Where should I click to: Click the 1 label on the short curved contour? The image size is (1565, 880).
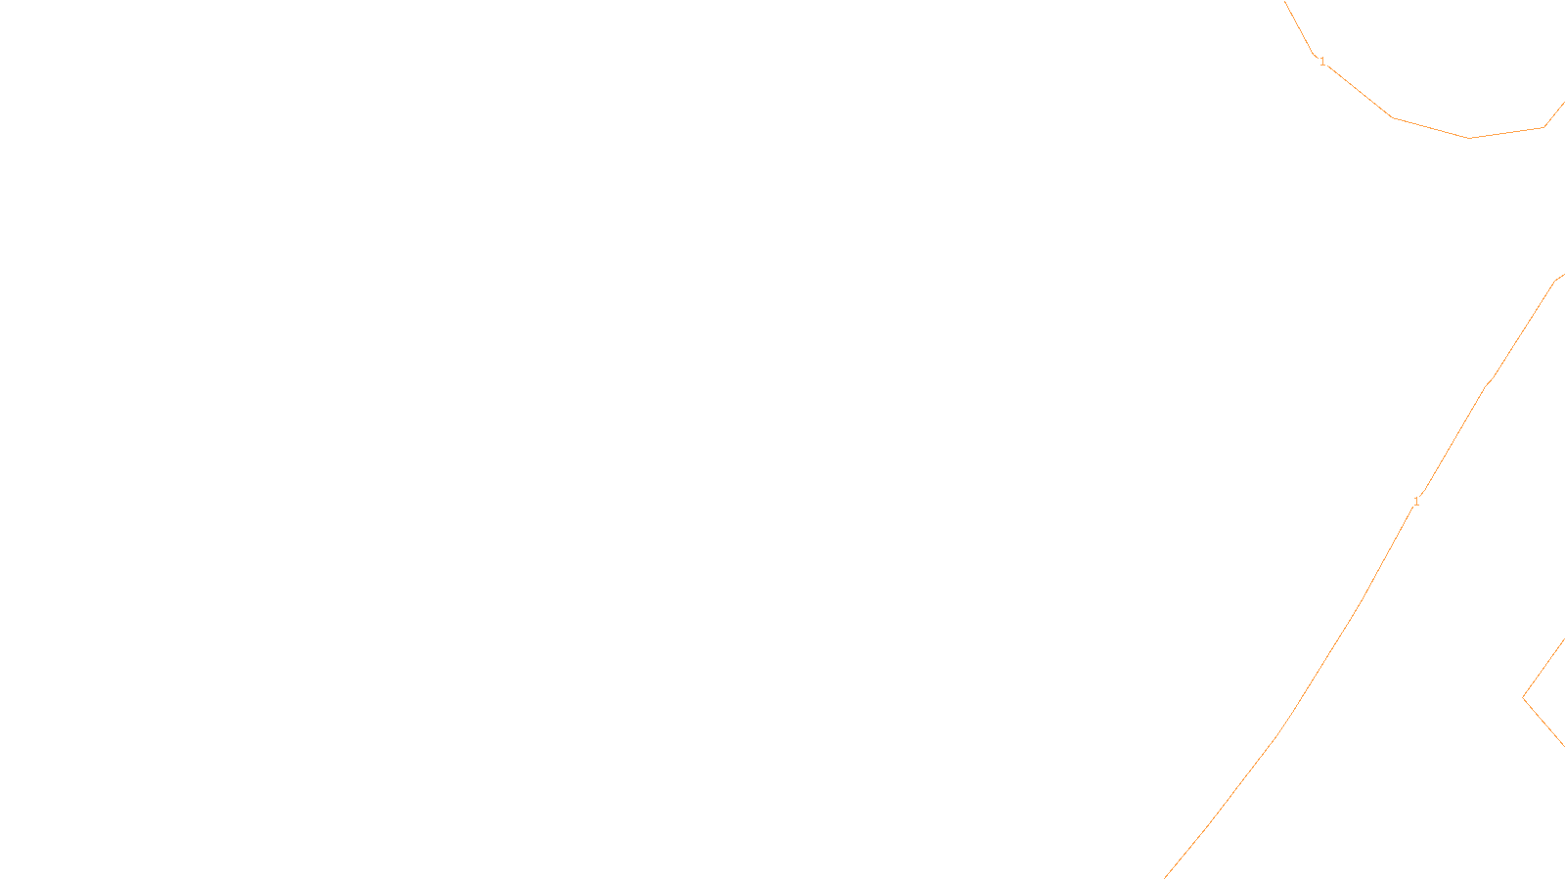[x=1322, y=62]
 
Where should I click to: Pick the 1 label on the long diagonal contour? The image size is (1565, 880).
[x=1416, y=502]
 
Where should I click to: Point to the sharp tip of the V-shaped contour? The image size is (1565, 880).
[x=1523, y=697]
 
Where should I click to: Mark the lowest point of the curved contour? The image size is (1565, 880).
[x=1469, y=138]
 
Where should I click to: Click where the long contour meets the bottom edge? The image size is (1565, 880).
[x=1165, y=877]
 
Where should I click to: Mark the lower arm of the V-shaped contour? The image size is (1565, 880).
[x=1545, y=724]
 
